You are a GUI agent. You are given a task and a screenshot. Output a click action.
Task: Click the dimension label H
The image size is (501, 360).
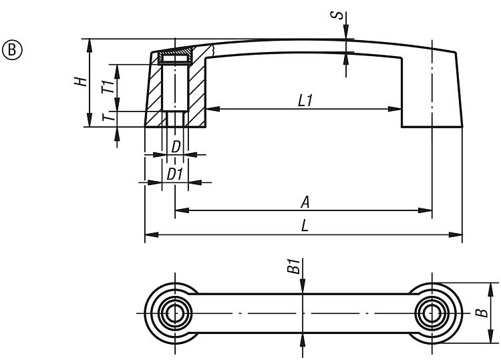[x=80, y=82]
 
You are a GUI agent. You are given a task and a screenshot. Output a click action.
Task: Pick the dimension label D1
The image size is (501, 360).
[x=175, y=174]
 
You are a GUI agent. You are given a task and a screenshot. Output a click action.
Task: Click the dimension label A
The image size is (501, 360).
[x=305, y=202]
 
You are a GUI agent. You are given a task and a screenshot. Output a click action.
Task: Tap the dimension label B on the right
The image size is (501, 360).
[x=479, y=313]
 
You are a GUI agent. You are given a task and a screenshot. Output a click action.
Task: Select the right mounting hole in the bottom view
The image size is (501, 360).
[x=432, y=313]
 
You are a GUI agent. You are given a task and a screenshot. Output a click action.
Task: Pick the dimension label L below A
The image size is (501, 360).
[x=305, y=226]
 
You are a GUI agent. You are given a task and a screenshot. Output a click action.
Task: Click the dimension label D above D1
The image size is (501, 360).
[x=176, y=146]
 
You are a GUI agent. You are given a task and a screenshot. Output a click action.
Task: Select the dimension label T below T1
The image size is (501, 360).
[x=106, y=118]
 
